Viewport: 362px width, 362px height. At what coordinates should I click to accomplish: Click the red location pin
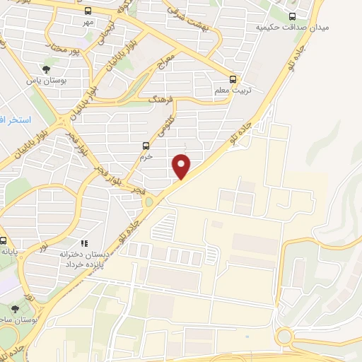click(x=182, y=165)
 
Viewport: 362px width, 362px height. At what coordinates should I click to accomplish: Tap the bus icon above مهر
click(x=88, y=12)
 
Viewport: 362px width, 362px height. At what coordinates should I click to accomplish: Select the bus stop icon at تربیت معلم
click(x=233, y=80)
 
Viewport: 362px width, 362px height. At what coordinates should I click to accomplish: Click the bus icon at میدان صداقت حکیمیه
click(x=293, y=16)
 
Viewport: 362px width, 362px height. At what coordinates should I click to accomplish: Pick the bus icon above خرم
click(x=146, y=146)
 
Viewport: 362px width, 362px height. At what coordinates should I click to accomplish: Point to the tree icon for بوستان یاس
click(x=46, y=69)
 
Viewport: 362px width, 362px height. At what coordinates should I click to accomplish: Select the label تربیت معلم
click(x=234, y=91)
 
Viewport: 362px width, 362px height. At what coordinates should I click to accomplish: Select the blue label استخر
click(x=12, y=121)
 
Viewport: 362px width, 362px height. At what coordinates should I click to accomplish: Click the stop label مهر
click(x=87, y=23)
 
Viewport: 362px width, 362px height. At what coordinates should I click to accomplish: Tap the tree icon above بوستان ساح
click(x=16, y=309)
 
